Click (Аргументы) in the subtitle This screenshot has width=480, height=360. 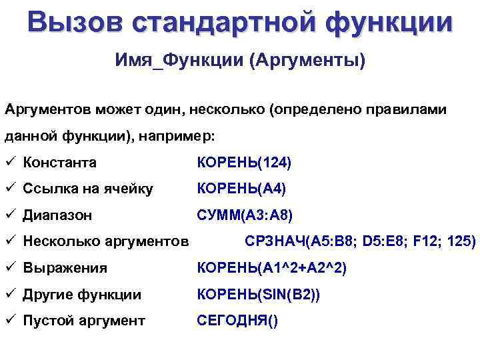click(307, 62)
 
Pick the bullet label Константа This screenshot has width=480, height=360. click(59, 162)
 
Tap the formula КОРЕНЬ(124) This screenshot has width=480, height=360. click(245, 162)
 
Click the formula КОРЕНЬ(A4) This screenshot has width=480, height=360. click(241, 189)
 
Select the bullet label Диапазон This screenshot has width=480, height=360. click(57, 215)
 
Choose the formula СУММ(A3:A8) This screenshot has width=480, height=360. click(245, 215)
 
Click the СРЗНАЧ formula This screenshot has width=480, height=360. click(361, 241)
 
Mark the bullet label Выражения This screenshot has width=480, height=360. click(65, 268)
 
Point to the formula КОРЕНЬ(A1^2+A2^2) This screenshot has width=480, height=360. click(271, 268)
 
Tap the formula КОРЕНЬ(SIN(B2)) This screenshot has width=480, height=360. click(259, 295)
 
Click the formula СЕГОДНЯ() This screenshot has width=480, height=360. click(238, 321)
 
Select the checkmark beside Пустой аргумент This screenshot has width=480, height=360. click(11, 321)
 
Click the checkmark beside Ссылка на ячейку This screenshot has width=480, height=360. click(11, 189)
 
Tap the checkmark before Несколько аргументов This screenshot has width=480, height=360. click(11, 241)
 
